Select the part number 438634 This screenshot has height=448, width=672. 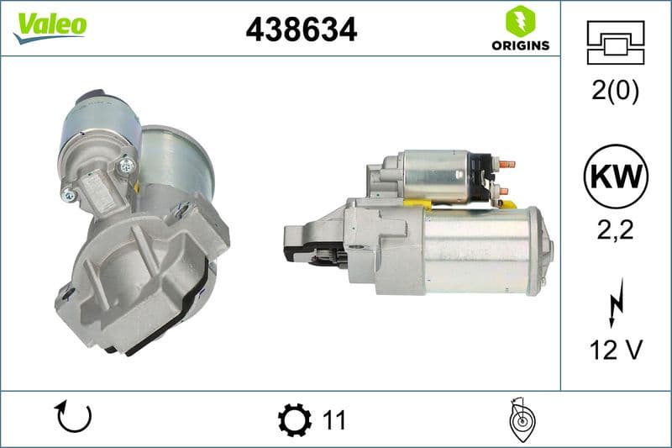coord(301,29)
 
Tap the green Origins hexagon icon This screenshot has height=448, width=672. coord(520,20)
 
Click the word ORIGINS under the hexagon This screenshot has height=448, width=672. coord(520,45)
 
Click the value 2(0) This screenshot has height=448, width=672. coord(615,92)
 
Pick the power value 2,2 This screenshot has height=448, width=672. coord(615,229)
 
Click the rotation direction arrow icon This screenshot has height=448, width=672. coord(73,418)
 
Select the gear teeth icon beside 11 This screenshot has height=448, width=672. coord(294,419)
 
